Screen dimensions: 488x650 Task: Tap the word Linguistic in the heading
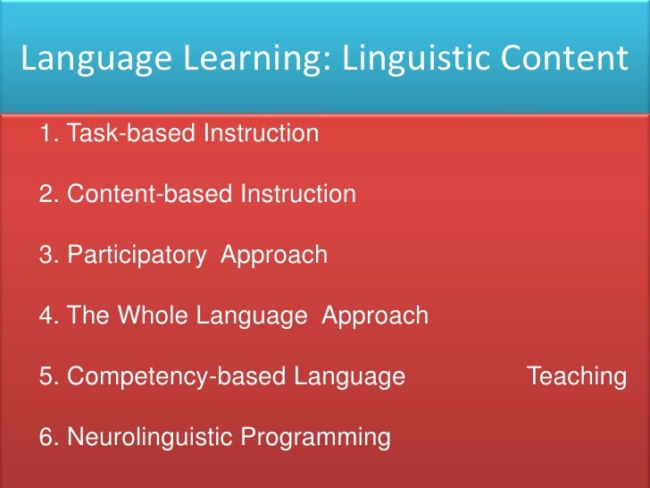pos(394,59)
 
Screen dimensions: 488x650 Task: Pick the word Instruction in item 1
pos(261,134)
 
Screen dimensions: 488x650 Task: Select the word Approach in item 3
pos(274,256)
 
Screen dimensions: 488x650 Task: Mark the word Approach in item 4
pos(375,316)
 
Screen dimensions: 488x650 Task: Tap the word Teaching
pos(577,377)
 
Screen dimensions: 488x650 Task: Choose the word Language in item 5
pos(350,377)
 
